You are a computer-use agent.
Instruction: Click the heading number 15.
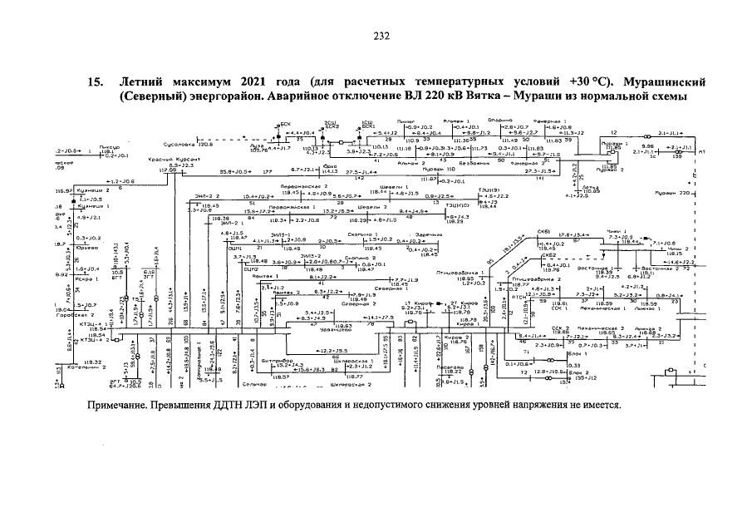[x=96, y=82]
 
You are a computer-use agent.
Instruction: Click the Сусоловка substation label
[x=179, y=144]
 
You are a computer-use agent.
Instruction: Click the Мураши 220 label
[x=671, y=192]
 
